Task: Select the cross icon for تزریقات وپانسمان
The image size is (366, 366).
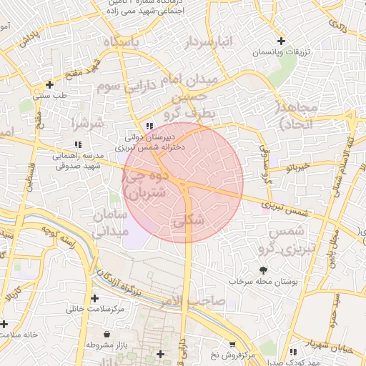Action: (282, 41)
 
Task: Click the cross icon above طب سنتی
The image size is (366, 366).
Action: (49, 84)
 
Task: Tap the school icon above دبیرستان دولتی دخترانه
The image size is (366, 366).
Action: (149, 127)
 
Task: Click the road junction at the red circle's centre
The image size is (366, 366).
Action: (184, 183)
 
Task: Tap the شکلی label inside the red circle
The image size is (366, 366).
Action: (189, 221)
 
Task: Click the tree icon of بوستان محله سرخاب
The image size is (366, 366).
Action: (263, 270)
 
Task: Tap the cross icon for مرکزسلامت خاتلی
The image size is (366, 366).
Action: (94, 298)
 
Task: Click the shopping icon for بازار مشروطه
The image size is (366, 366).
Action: (107, 334)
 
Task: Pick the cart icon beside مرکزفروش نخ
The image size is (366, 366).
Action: (231, 344)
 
